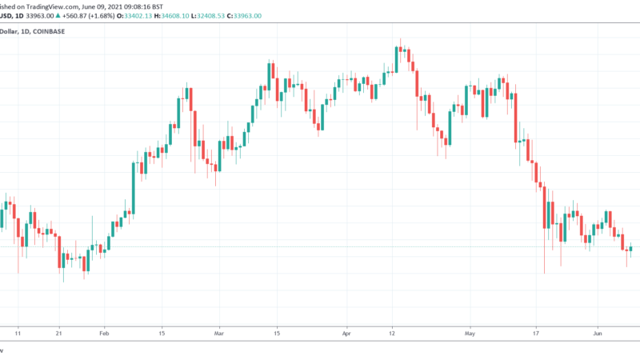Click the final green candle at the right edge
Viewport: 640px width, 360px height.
coord(631,249)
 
